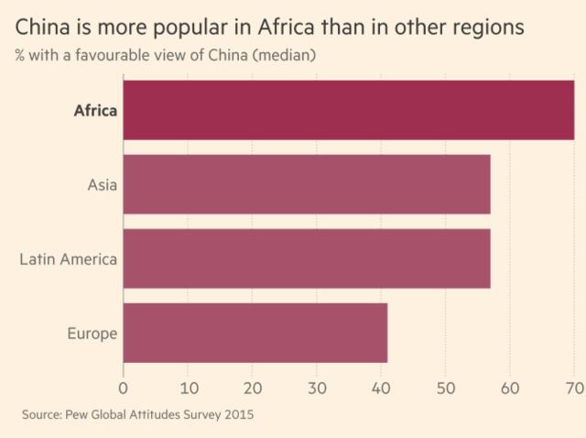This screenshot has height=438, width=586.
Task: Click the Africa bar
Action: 348,110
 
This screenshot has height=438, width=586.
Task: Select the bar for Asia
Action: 307,184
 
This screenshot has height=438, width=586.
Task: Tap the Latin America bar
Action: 307,258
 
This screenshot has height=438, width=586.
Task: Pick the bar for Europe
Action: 255,333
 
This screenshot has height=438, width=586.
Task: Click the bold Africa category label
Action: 95,111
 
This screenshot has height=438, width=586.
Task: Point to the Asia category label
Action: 102,185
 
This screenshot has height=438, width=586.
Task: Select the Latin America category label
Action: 69,259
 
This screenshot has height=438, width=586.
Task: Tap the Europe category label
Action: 92,334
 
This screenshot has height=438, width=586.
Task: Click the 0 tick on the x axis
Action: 124,385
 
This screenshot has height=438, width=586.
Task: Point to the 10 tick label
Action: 188,385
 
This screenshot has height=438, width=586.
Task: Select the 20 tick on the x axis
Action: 252,385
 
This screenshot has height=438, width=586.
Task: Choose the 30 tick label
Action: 317,385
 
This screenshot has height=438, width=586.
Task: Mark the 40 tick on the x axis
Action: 381,385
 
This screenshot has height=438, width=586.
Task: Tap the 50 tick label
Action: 445,385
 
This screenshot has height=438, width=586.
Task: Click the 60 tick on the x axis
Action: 510,385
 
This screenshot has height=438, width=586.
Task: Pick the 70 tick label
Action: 573,385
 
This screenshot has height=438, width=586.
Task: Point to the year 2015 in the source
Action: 237,415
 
